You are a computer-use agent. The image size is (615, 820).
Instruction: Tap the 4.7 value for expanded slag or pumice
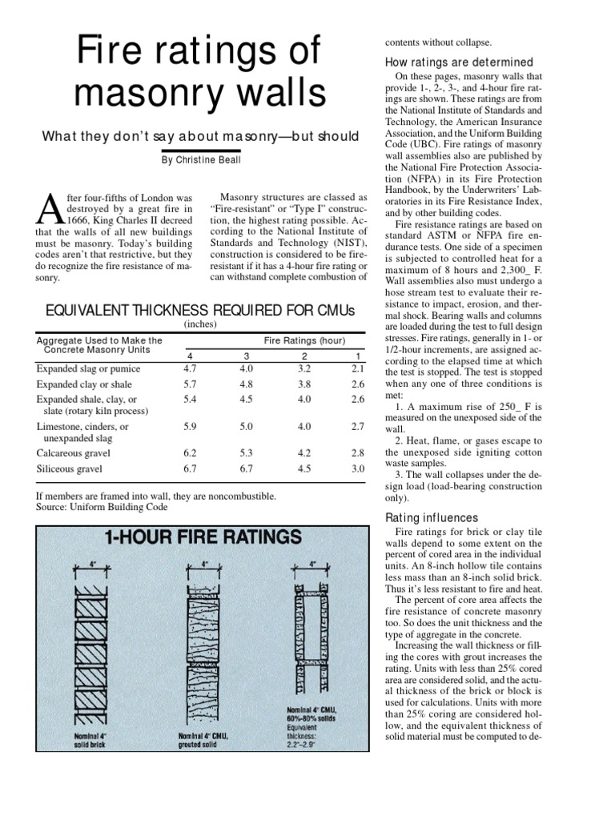point(190,369)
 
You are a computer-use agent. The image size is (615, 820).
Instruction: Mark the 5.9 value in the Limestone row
point(190,427)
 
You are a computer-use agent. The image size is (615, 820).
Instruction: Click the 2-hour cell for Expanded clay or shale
point(304,384)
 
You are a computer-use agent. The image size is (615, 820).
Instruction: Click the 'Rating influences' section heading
point(432,517)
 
